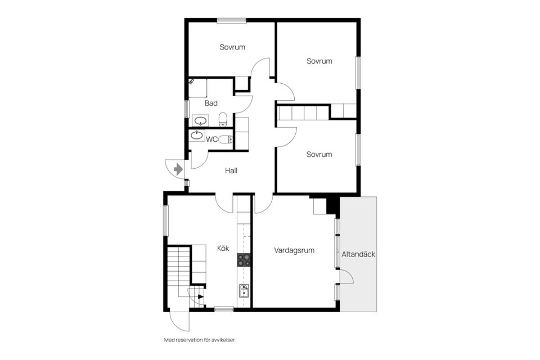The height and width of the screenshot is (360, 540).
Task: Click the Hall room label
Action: tap(231, 170)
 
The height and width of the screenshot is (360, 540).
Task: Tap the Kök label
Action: tap(223, 248)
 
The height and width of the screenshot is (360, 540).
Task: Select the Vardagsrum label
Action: tap(294, 250)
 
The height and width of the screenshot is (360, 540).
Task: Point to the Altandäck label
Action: tap(358, 254)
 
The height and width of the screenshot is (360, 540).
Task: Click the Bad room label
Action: tap(211, 103)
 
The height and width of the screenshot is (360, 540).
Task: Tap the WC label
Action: tap(212, 139)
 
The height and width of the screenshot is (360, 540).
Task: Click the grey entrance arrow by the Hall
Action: tap(178, 169)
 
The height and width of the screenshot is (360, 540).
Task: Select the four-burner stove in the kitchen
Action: tap(244, 260)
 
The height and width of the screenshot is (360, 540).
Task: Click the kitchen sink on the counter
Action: tap(244, 291)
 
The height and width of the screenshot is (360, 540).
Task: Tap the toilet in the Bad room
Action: tap(223, 119)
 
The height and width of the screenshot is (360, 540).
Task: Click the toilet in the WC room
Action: tap(226, 139)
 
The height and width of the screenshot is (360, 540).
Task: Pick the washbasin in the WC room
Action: tap(197, 135)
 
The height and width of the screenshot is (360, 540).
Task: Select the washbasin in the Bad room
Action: tap(200, 121)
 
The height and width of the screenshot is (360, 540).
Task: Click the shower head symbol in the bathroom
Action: tap(192, 82)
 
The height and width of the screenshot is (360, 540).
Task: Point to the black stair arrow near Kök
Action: tap(201, 296)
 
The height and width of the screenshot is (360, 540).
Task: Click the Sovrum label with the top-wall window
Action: tap(232, 47)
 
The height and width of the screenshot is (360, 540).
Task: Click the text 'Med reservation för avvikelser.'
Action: tap(200, 340)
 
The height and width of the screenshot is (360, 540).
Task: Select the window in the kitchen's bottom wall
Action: tap(224, 309)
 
